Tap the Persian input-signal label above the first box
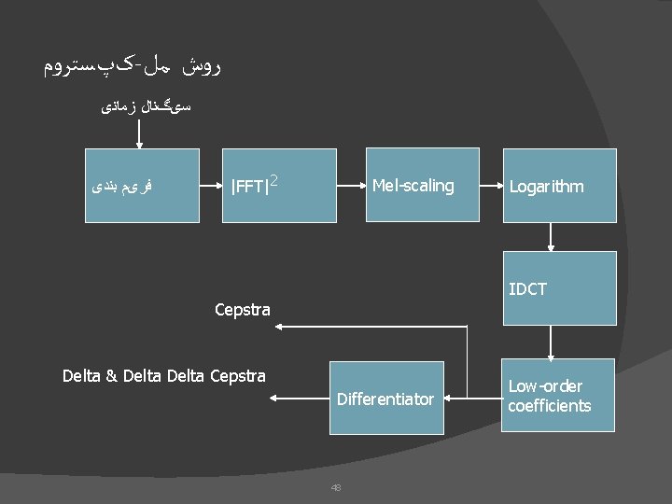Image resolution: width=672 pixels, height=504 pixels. (146, 108)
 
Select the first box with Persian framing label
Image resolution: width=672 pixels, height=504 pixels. (130, 185)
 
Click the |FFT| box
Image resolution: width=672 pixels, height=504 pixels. (278, 185)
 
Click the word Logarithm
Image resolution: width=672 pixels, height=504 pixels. (546, 187)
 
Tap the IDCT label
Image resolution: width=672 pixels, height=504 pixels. (527, 289)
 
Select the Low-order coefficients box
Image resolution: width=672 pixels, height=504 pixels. (559, 396)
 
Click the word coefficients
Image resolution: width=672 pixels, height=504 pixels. (549, 406)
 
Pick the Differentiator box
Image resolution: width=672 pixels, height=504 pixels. (385, 399)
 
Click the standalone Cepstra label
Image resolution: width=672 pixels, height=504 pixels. (242, 310)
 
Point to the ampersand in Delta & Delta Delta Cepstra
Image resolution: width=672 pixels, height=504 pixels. (111, 377)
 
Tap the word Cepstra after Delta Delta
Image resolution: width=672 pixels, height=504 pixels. (238, 377)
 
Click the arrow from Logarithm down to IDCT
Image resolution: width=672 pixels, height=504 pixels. (551, 236)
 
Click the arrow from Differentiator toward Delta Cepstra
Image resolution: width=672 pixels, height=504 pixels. (299, 399)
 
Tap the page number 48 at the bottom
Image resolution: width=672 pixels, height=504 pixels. (336, 486)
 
